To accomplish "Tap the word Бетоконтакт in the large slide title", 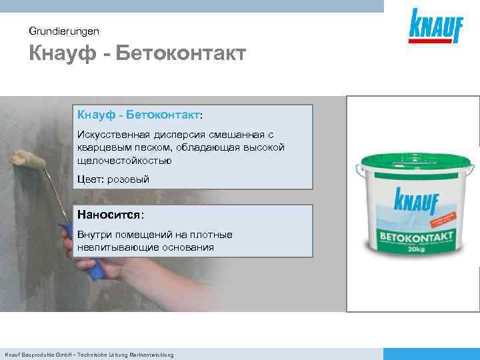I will [181, 53].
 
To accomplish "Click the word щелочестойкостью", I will [125, 161].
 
